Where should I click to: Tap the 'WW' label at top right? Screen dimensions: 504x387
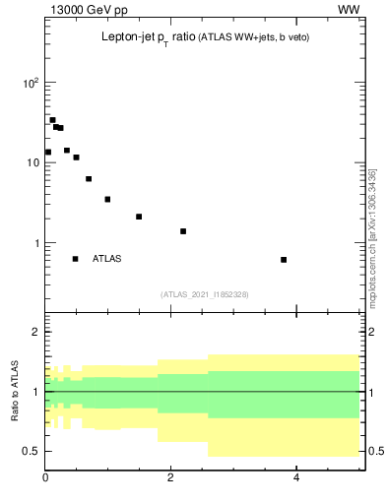(349, 10)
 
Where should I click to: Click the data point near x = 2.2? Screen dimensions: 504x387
(183, 231)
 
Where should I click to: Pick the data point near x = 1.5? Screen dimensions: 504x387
(139, 217)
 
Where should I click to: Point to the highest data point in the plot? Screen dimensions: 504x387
(52, 120)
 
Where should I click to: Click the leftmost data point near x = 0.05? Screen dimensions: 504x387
(47, 152)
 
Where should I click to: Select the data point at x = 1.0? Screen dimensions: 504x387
(107, 199)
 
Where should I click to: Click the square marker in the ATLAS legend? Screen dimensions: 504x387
(75, 259)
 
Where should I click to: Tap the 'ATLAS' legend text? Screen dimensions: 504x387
(107, 259)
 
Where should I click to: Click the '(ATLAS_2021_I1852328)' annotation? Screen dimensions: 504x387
(205, 294)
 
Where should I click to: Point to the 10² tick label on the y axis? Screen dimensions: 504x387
(31, 83)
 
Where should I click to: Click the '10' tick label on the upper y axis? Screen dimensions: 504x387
(32, 162)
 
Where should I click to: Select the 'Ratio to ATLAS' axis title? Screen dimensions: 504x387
(15, 392)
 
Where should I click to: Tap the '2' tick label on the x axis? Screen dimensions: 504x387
(170, 477)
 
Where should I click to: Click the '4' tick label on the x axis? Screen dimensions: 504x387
(296, 477)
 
